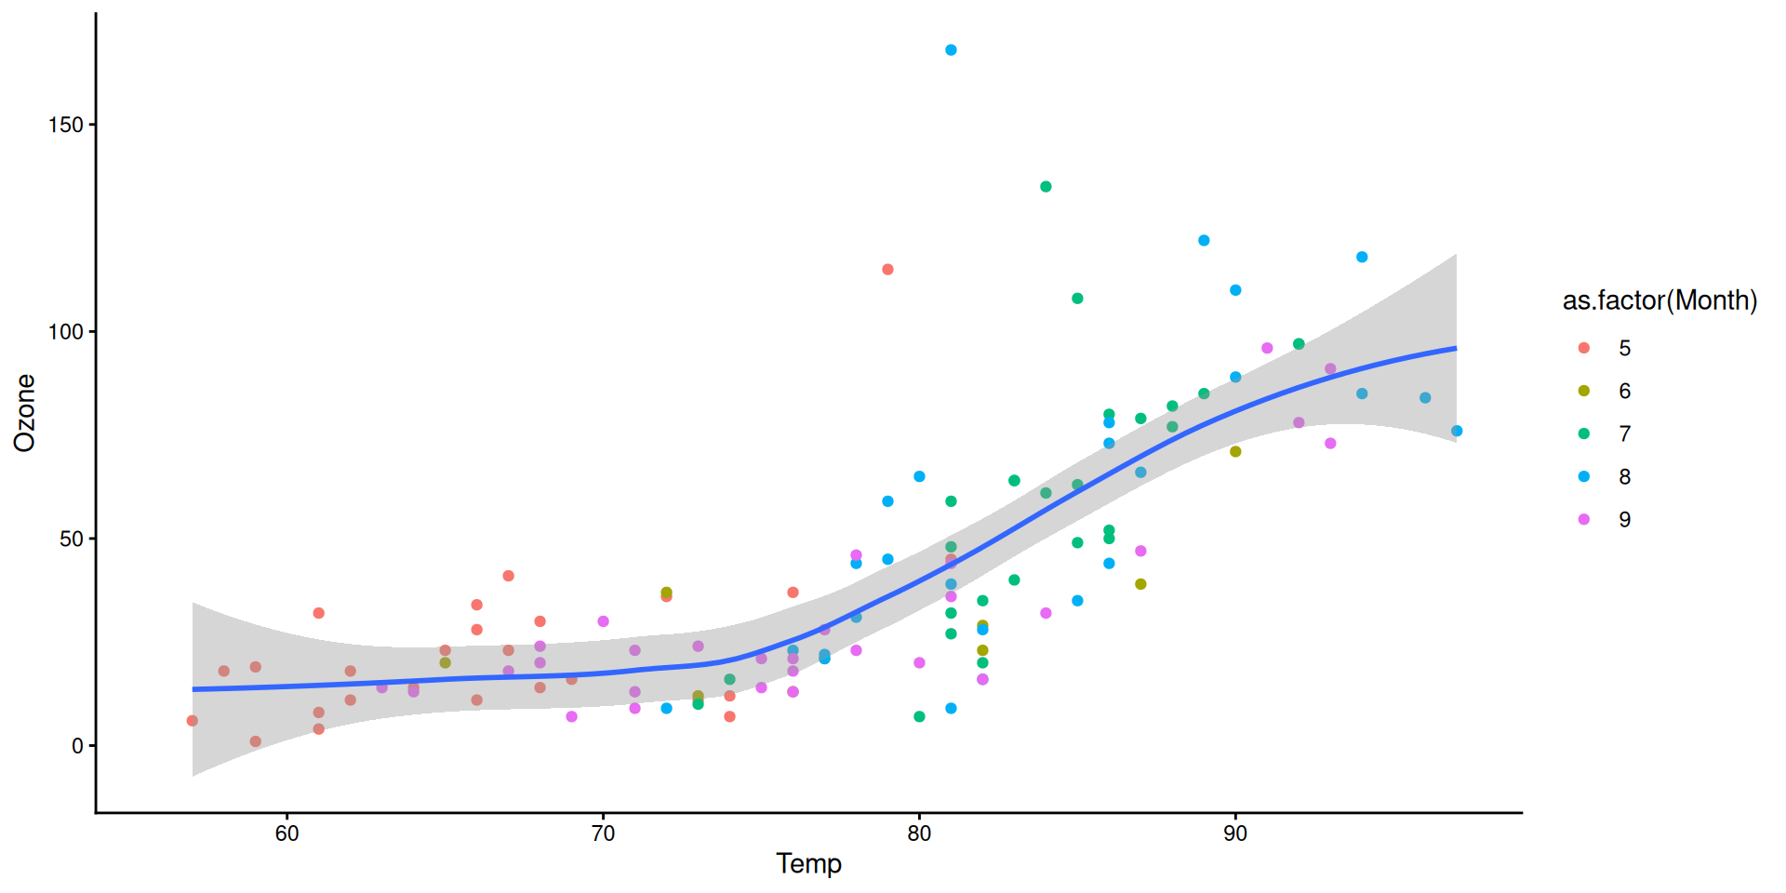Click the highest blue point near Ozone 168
[x=951, y=50]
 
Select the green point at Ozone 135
[x=1046, y=187]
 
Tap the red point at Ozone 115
[x=887, y=270]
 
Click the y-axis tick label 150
[x=66, y=125]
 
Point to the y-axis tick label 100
[x=66, y=332]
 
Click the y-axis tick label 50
[x=72, y=540]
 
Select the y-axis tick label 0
[x=78, y=746]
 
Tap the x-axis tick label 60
[x=287, y=833]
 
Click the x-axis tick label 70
[x=603, y=833]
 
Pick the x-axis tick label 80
[x=919, y=833]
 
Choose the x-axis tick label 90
[x=1235, y=833]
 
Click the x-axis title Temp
[x=808, y=864]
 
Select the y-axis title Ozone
[x=25, y=413]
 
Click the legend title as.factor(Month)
[x=1659, y=300]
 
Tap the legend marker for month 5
[x=1584, y=348]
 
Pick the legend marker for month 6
[x=1584, y=391]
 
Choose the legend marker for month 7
[x=1584, y=433]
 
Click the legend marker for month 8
[x=1584, y=476]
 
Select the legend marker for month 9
[x=1584, y=519]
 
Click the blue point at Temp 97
[x=1457, y=431]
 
